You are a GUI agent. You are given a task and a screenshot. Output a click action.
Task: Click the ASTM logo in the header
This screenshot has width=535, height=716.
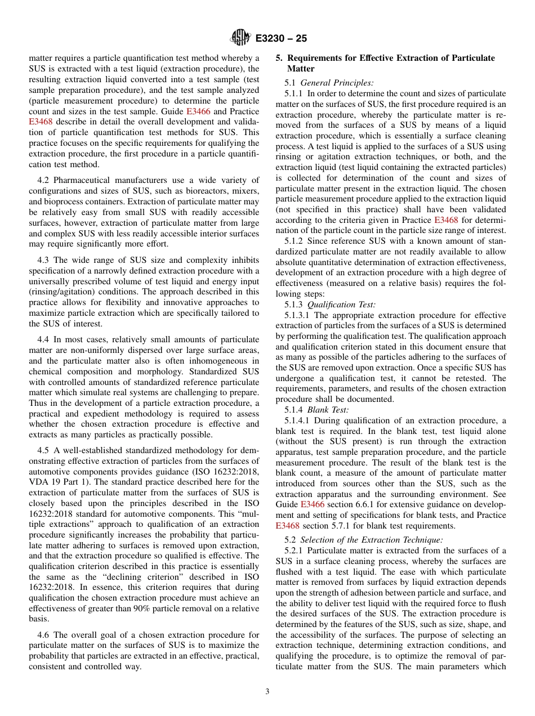click(241, 38)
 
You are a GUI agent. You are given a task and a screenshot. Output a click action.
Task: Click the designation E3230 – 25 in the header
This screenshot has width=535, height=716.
click(281, 38)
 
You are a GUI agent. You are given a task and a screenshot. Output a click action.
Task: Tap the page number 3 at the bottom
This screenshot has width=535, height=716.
click(267, 692)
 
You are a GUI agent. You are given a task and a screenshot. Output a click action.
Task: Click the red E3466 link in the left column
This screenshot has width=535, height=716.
click(198, 111)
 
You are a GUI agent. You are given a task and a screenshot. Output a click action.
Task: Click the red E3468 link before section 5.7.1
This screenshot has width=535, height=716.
click(287, 526)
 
